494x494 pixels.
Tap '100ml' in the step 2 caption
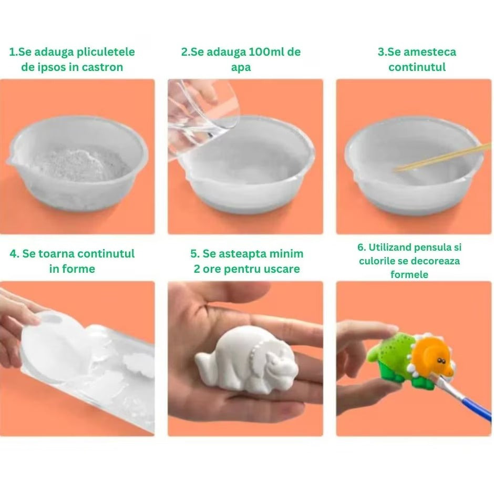coord(260,52)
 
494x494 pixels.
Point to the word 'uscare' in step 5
coord(282,270)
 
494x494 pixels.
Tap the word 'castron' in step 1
coord(102,67)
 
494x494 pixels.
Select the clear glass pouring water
coord(202,117)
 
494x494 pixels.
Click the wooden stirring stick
coord(441,158)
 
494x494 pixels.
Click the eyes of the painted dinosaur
coord(440,361)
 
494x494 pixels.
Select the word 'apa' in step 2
coord(241,68)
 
